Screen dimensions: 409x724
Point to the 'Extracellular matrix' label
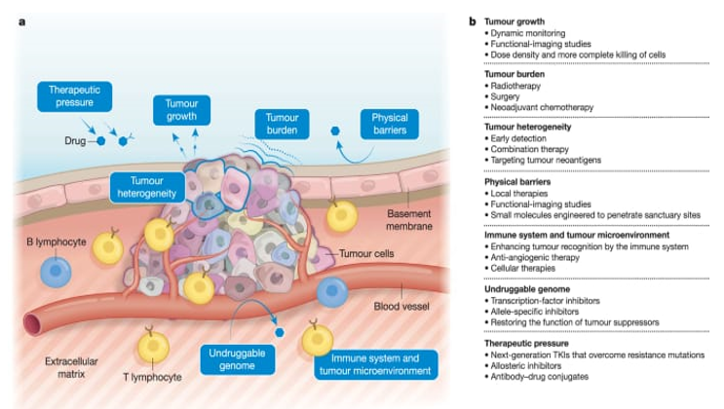click(x=72, y=368)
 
